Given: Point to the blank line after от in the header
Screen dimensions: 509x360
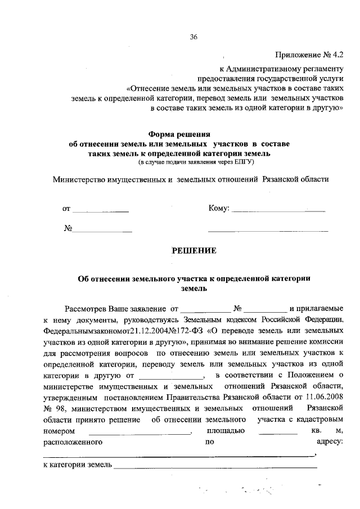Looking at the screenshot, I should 101,211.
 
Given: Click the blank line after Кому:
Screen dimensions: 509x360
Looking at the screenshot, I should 278,211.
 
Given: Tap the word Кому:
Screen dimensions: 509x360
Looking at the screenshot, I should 219,209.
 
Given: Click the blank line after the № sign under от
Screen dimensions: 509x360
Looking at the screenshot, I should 102,231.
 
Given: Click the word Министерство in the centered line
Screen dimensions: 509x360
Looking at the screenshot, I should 83,180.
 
